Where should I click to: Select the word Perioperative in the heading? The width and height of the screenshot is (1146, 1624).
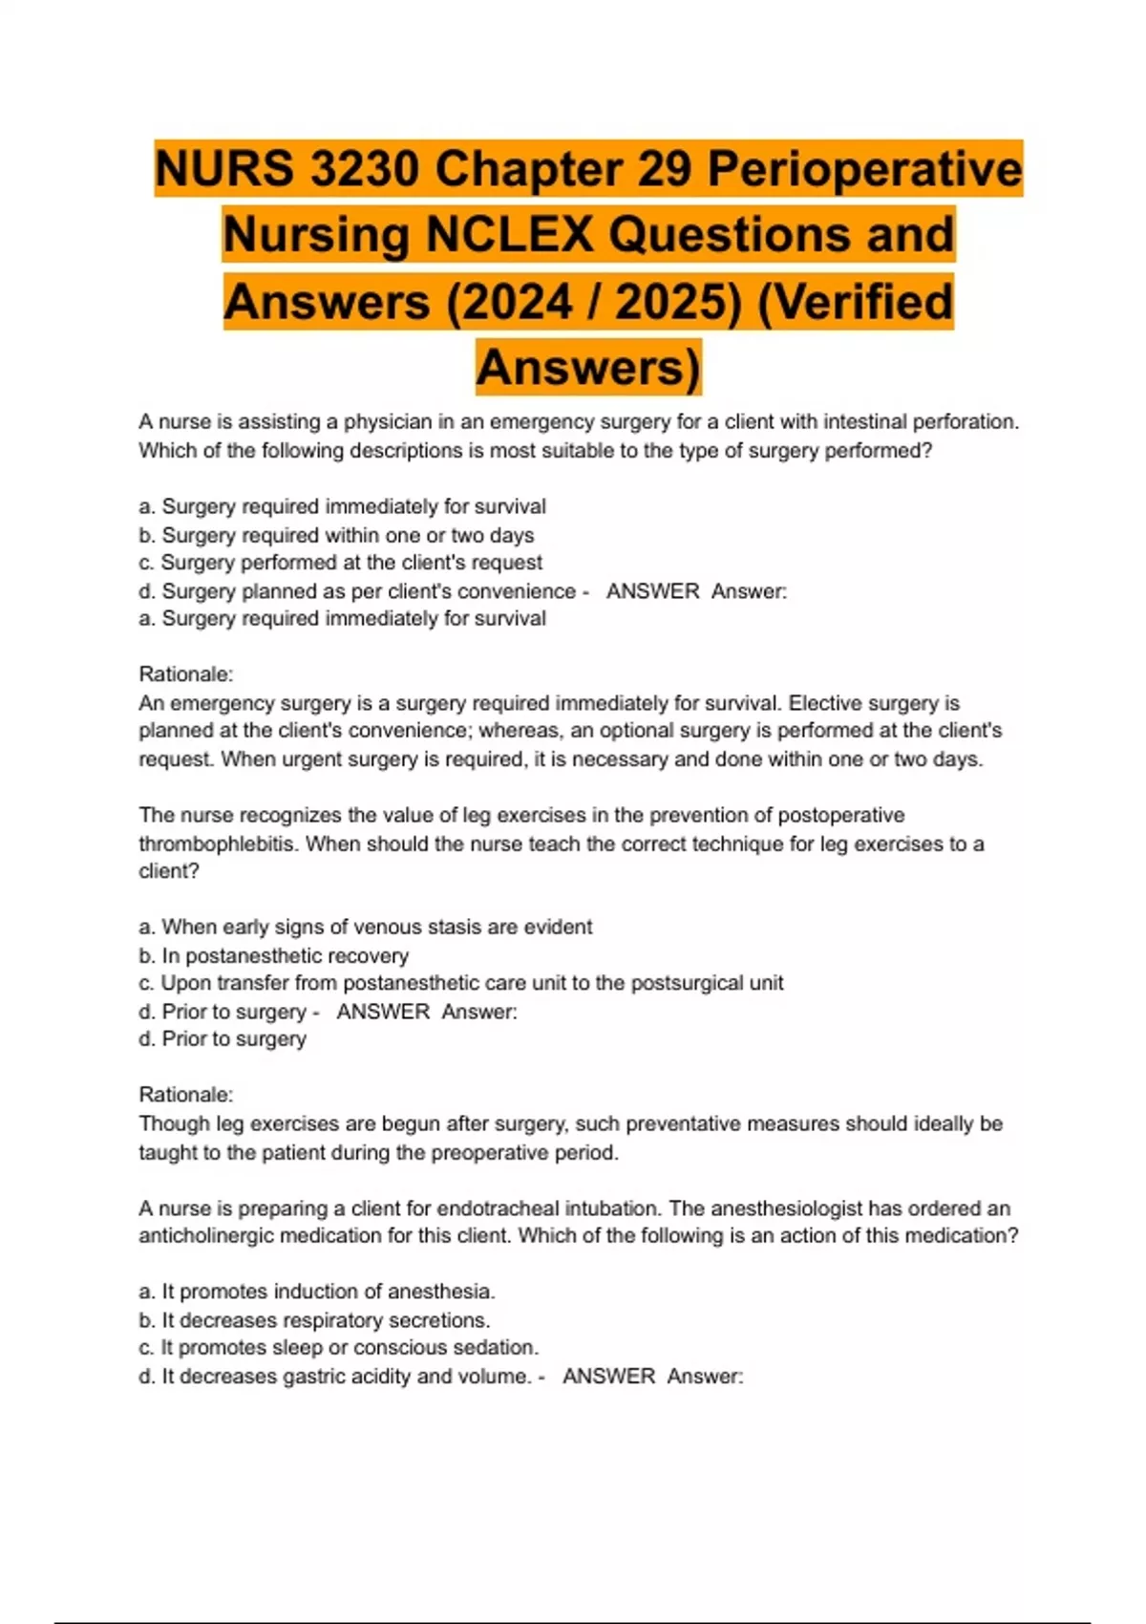tap(864, 169)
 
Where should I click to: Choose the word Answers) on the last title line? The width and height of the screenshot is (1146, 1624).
tap(588, 368)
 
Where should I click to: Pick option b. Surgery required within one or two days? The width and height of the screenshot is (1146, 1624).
tap(336, 535)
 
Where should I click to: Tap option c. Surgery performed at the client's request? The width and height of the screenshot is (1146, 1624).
tap(341, 563)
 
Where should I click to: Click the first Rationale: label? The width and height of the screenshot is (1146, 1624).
tap(185, 674)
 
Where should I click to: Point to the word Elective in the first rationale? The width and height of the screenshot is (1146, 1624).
tap(828, 703)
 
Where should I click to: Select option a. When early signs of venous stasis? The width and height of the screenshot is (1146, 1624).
tap(365, 927)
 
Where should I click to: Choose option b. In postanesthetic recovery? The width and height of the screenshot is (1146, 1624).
tap(273, 955)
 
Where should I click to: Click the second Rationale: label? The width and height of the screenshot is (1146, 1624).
tap(185, 1095)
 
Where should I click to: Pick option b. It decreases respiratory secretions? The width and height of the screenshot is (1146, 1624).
tap(314, 1320)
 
